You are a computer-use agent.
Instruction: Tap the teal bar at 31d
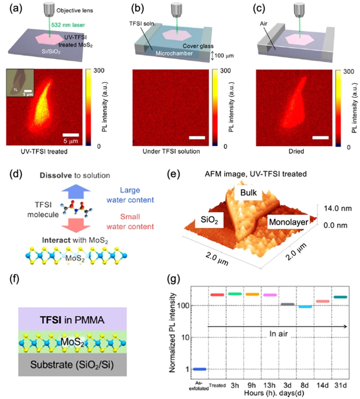point(340,297)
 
